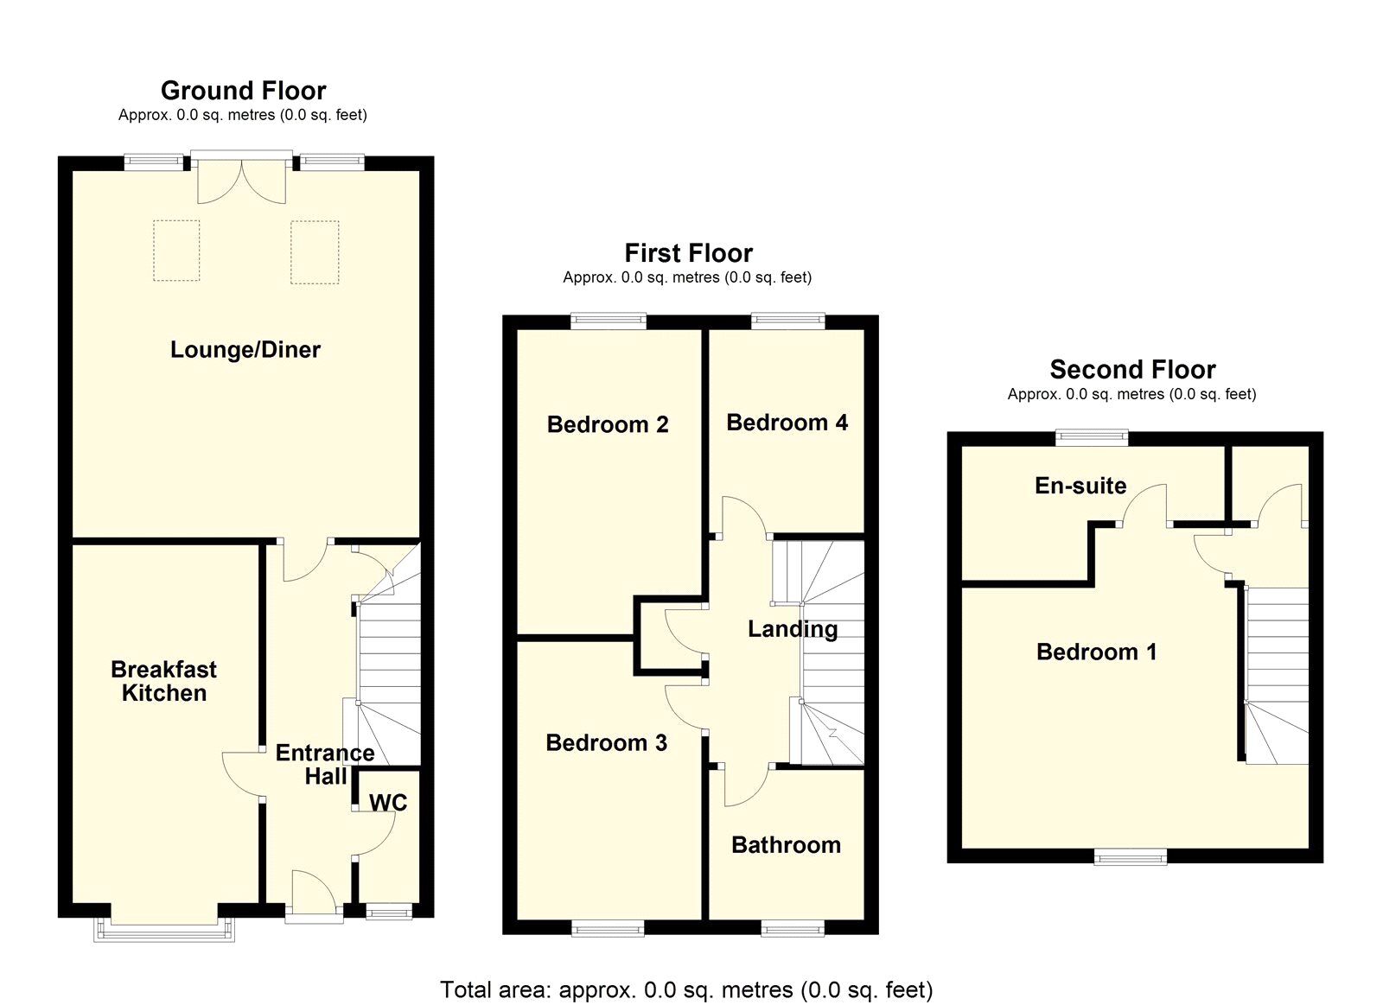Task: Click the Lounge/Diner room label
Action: point(245,350)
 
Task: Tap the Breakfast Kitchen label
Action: point(163,681)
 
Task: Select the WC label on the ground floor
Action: point(388,803)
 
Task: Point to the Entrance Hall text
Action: point(325,764)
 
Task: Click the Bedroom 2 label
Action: point(608,424)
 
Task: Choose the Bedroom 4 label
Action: point(787,423)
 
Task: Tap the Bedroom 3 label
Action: point(606,742)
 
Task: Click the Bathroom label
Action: point(786,845)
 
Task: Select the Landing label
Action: point(793,629)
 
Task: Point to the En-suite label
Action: point(1080,486)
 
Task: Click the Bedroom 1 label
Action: point(1097,652)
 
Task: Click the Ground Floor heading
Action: point(243,91)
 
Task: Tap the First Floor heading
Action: point(688,253)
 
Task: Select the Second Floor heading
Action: point(1133,370)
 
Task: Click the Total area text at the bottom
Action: point(686,989)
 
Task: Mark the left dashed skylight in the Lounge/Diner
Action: point(176,251)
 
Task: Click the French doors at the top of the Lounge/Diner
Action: point(241,178)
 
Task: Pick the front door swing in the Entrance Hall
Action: point(315,890)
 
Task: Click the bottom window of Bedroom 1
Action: point(1131,857)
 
